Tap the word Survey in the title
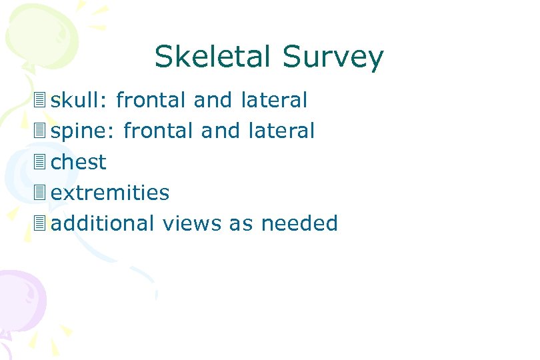coord(333,59)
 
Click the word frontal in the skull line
coord(151,101)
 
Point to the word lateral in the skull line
coord(274,101)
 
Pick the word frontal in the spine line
coord(159,131)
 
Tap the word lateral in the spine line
coord(281,131)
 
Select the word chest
coord(79,162)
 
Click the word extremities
coord(110,193)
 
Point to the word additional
coord(103,223)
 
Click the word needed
coord(299,223)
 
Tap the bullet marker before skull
coord(41,101)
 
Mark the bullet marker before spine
coord(41,131)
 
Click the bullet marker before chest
coord(41,162)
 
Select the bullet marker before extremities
coord(41,193)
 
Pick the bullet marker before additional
coord(41,223)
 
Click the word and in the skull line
coord(213,101)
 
